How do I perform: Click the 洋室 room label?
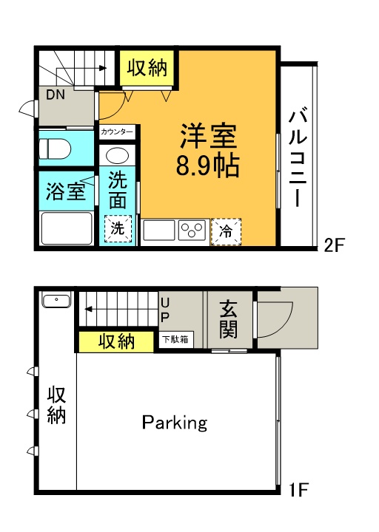coord(208,136)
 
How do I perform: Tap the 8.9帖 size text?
coord(208,166)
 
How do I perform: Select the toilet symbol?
coord(55,149)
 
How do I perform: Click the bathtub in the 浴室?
coord(67,228)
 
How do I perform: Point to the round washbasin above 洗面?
coord(117,157)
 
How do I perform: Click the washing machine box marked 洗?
coord(118,228)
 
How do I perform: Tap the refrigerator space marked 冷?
coord(226,231)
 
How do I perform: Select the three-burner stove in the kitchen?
coord(192,230)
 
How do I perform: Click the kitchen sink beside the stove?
coord(158,230)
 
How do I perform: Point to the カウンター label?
coord(117,132)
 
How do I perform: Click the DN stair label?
coord(56,95)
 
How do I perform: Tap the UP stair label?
coord(164,309)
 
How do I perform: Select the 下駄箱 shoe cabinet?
coord(176,339)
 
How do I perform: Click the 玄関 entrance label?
coord(228,319)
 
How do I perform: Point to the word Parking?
coord(175,423)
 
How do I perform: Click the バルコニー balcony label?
coord(298,157)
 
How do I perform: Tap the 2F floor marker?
coord(334,245)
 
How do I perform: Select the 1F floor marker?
coord(298,490)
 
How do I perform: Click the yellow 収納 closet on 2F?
coord(147,67)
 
